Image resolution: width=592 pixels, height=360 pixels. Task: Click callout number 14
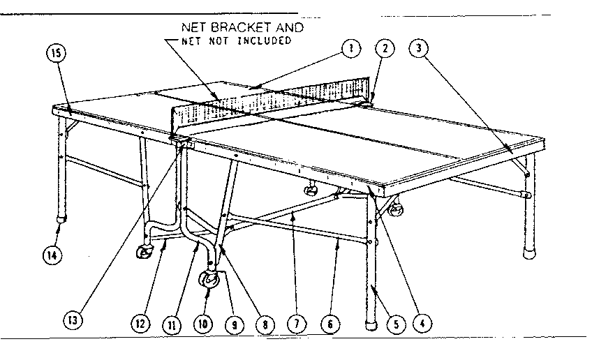(x=54, y=255)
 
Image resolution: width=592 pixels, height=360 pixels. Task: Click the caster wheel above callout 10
(x=210, y=280)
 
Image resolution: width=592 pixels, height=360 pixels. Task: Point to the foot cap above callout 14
(x=61, y=217)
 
